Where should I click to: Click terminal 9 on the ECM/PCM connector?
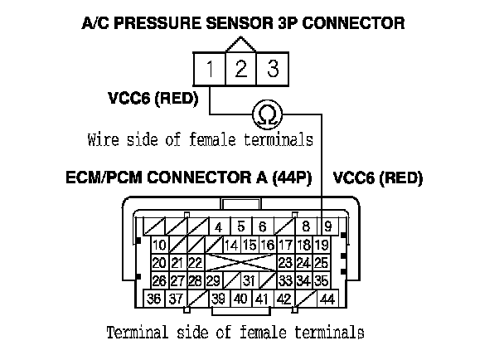click(x=328, y=226)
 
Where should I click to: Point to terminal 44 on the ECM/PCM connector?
click(x=327, y=299)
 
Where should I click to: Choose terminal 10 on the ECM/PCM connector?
click(x=158, y=245)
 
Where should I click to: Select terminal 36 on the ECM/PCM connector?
click(x=153, y=299)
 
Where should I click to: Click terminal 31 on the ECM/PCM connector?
click(x=248, y=280)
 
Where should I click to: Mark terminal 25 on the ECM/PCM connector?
click(x=322, y=263)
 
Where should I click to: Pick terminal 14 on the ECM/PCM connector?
click(x=230, y=245)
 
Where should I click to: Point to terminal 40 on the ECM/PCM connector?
click(x=240, y=299)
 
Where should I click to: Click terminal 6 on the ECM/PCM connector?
click(x=261, y=226)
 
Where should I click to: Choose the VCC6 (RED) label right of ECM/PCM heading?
click(x=377, y=178)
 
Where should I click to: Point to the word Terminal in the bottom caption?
click(x=136, y=333)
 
